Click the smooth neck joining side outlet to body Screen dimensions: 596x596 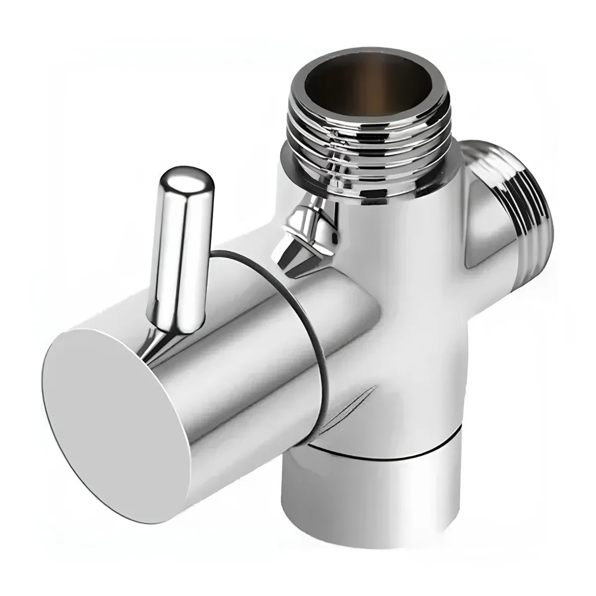point(477,219)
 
